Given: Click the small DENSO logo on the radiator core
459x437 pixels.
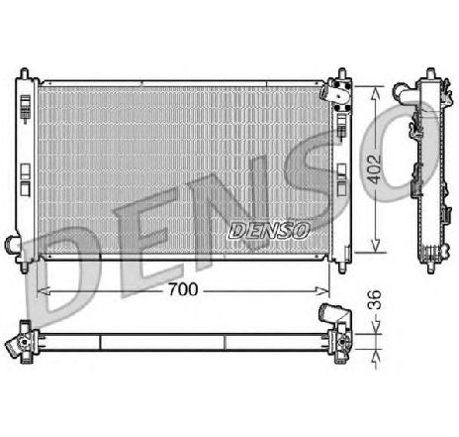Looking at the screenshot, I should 270,228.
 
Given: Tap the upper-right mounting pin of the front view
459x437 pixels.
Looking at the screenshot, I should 341,75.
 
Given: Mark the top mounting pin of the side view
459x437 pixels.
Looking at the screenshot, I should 431,74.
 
